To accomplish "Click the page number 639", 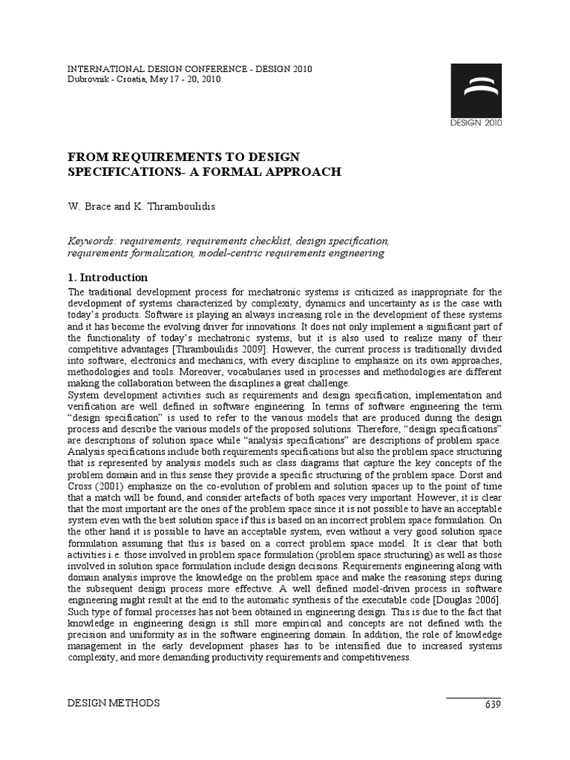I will [x=493, y=704].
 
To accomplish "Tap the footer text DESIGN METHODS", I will [x=114, y=704].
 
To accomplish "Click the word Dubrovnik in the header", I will [x=90, y=79].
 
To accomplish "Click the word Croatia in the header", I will [x=134, y=79].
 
